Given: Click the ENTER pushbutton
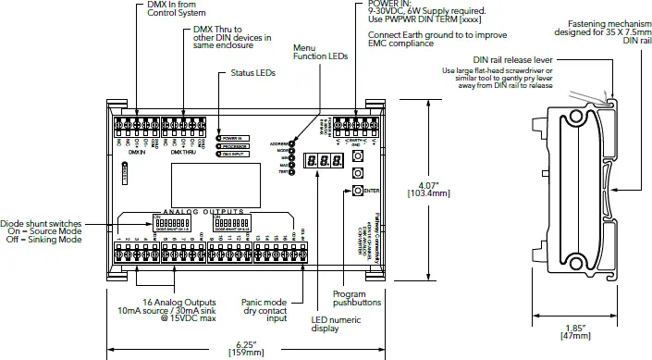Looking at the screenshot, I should (x=357, y=191).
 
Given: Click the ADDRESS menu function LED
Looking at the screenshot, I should (x=291, y=144).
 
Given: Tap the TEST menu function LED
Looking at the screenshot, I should (x=291, y=173).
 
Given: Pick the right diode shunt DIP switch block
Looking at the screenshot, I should (x=232, y=224).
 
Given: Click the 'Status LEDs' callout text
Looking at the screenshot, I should (x=252, y=72).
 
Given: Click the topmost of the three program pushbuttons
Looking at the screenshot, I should (x=357, y=156).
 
